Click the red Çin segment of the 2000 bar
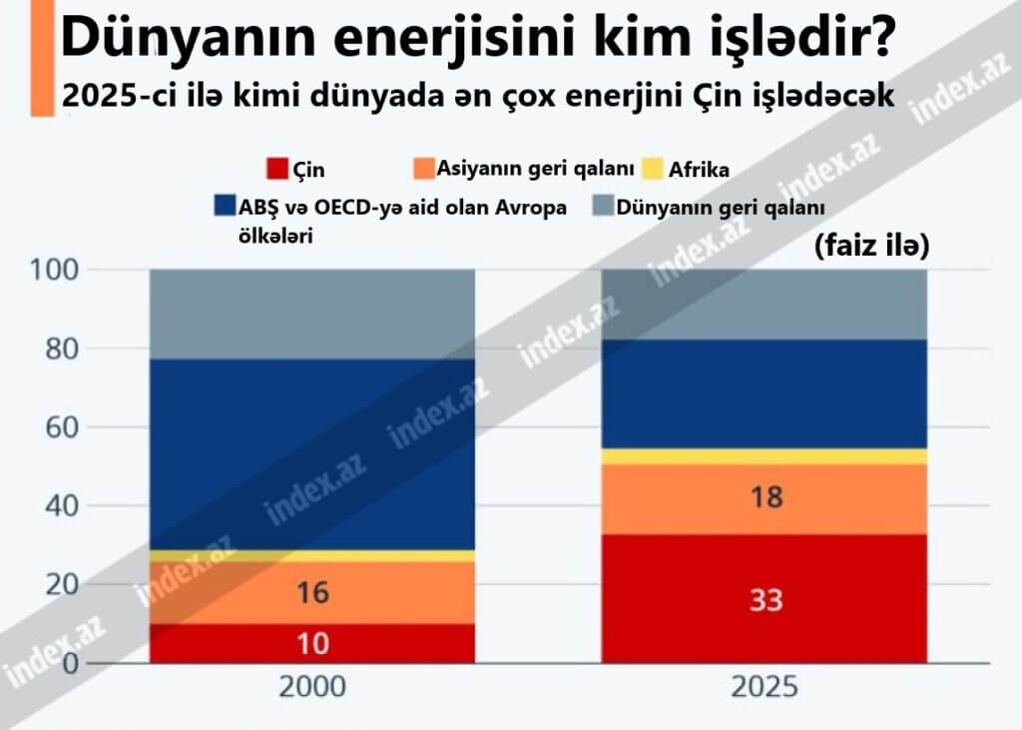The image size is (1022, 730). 230,643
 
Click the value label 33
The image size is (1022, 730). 766,600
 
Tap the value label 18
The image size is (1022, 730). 766,497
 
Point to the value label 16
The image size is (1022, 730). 312,593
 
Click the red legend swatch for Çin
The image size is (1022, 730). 277,169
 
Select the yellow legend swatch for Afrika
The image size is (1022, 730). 655,169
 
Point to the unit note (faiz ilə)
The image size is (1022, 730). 871,246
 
